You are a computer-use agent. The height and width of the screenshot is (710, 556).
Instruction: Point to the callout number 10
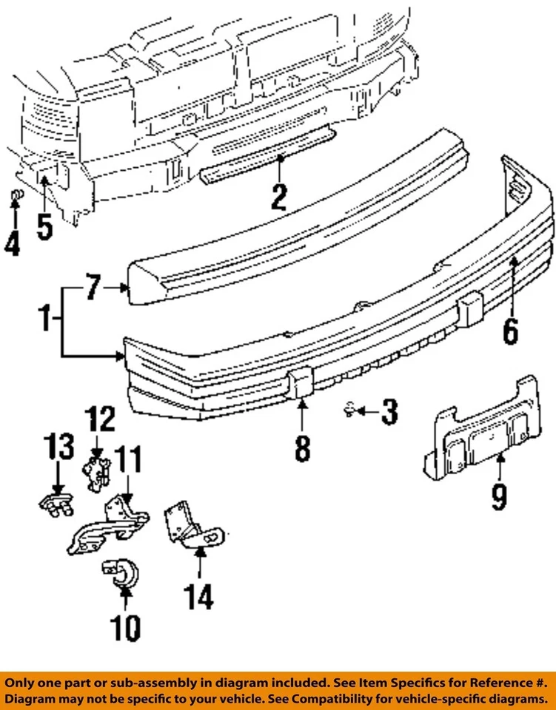(x=124, y=628)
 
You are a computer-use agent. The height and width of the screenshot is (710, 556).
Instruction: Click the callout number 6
(x=510, y=331)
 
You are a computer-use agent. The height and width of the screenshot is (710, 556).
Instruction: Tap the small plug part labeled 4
(x=15, y=196)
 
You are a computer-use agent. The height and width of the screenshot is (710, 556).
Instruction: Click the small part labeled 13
(x=56, y=506)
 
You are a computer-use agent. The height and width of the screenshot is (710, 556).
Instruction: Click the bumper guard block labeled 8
(x=302, y=385)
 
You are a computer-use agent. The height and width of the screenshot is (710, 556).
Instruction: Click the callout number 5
(x=44, y=225)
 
